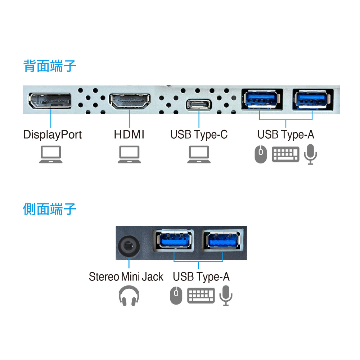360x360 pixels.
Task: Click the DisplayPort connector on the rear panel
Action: (x=50, y=101)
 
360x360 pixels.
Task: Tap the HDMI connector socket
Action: (x=130, y=102)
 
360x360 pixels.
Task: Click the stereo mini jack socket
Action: (x=129, y=247)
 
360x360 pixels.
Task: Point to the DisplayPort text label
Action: (x=52, y=135)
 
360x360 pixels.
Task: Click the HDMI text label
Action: (x=129, y=135)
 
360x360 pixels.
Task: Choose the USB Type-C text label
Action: (x=199, y=135)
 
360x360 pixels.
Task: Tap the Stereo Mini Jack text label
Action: (x=126, y=277)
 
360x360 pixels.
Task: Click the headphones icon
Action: (x=129, y=296)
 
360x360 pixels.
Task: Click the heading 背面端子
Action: (x=50, y=66)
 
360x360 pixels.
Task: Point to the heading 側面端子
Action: (x=50, y=209)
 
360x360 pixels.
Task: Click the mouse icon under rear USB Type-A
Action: (x=261, y=154)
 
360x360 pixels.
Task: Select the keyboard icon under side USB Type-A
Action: (x=201, y=296)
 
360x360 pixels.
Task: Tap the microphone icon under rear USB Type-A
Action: (x=310, y=154)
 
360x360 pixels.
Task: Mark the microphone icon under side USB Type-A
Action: (x=226, y=296)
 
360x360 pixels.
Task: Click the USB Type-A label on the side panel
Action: (x=201, y=277)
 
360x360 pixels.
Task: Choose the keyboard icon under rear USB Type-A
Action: (x=285, y=154)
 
